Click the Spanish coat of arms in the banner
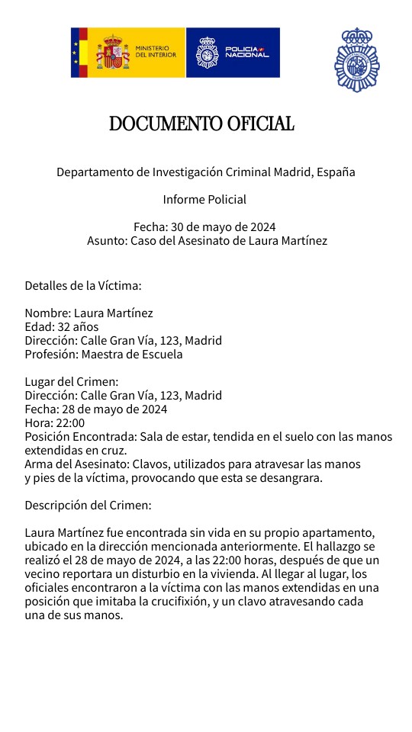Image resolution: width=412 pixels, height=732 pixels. (113, 52)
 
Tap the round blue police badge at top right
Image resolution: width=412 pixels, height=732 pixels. (356, 60)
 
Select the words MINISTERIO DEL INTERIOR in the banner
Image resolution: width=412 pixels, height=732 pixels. (156, 52)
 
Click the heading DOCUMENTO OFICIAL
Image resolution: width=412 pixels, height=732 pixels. (201, 124)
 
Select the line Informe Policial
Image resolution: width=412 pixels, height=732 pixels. (204, 200)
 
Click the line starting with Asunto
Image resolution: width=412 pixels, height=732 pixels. (207, 241)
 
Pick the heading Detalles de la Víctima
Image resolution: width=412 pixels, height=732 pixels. (83, 286)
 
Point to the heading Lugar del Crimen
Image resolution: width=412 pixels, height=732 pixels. (72, 382)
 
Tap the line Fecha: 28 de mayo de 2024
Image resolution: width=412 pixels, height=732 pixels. (95, 409)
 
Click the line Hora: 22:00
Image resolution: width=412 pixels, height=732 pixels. (54, 423)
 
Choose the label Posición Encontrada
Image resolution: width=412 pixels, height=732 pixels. (76, 437)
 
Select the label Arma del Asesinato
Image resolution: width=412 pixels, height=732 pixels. (77, 464)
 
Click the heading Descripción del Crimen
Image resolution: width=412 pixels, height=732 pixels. (88, 506)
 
